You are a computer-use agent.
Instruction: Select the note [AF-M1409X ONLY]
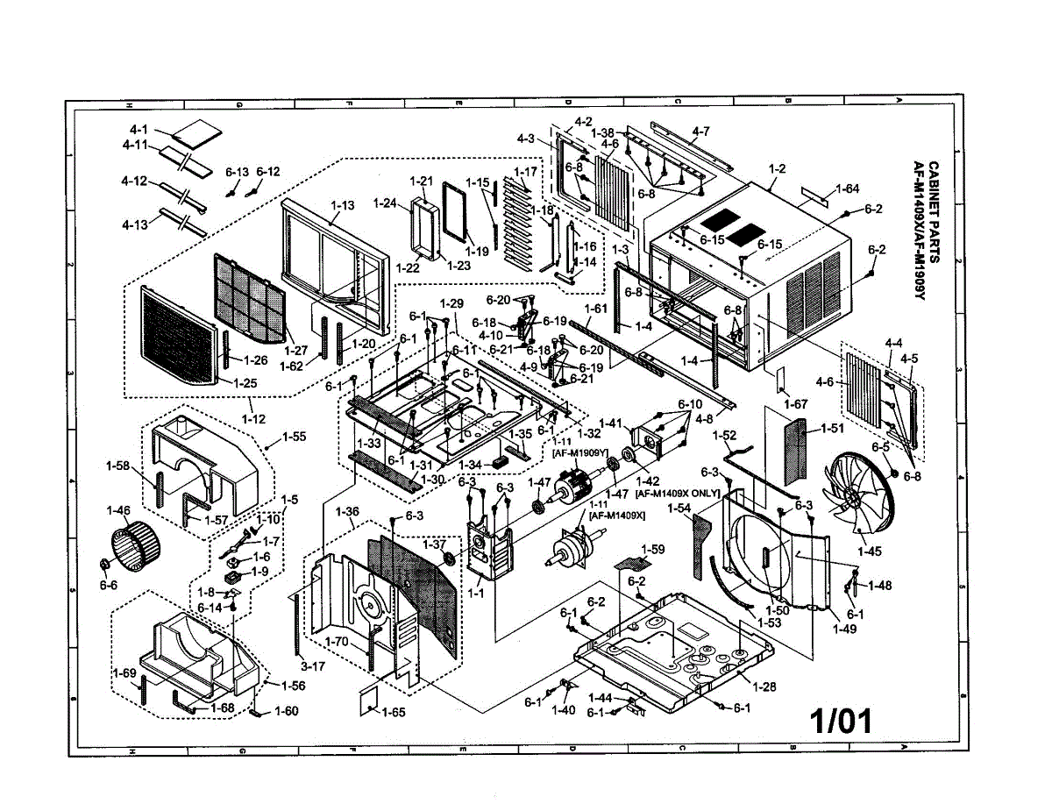pyautogui.click(x=677, y=494)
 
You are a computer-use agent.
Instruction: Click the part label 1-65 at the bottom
pyautogui.click(x=393, y=713)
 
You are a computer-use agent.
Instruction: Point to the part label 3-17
pyautogui.click(x=312, y=665)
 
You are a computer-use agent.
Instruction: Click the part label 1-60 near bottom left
pyautogui.click(x=287, y=711)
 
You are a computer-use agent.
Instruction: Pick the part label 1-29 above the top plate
pyautogui.click(x=451, y=302)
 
